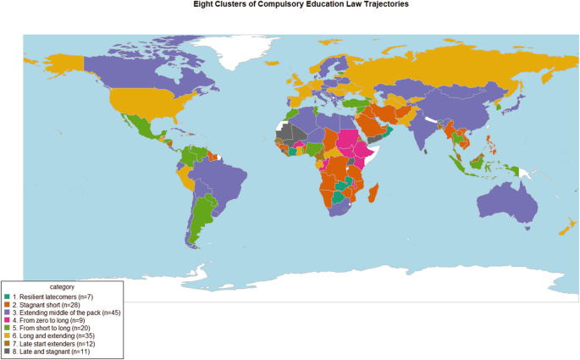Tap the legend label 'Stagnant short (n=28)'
click(x=47, y=305)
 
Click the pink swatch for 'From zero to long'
click(x=8, y=320)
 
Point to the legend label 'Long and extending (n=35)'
click(x=52, y=335)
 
